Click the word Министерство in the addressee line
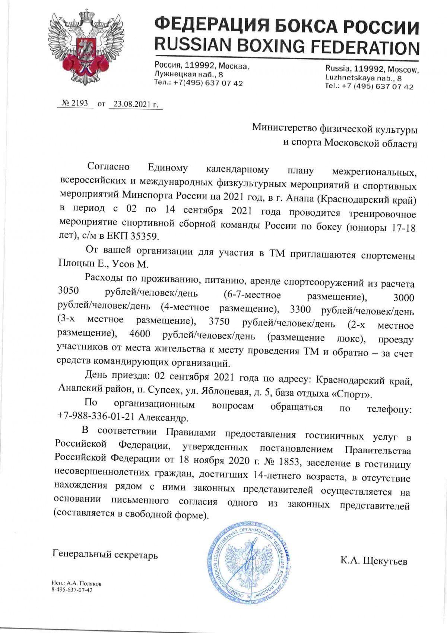pyautogui.click(x=284, y=128)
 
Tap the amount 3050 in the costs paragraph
pyautogui.click(x=69, y=291)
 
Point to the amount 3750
pyautogui.click(x=219, y=322)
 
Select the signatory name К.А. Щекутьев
pyautogui.click(x=374, y=561)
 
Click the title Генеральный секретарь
pyautogui.click(x=105, y=555)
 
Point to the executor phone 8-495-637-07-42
pyautogui.click(x=72, y=590)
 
